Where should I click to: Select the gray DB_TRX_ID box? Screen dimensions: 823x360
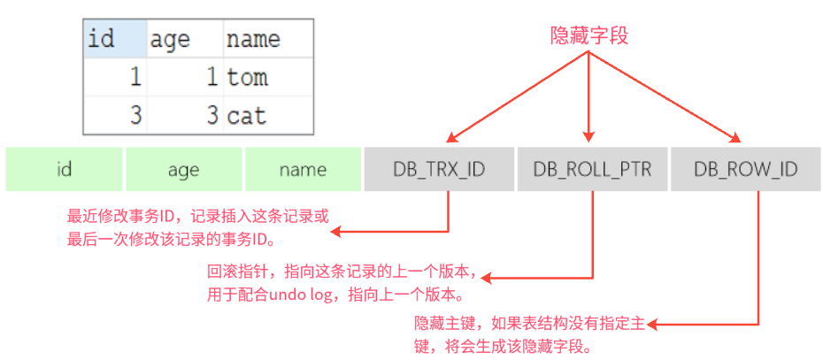click(x=439, y=169)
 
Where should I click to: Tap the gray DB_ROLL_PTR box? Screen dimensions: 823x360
click(x=592, y=169)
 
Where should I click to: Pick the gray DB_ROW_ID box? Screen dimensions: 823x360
click(x=745, y=169)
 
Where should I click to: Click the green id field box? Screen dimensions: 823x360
click(x=64, y=169)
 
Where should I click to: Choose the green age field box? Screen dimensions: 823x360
click(x=185, y=169)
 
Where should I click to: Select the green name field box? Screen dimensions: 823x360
click(x=303, y=169)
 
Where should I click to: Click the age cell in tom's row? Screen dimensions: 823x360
click(x=183, y=78)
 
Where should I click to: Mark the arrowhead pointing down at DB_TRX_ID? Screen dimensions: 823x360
click(x=451, y=136)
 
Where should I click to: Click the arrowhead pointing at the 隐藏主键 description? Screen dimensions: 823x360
click(x=652, y=324)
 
